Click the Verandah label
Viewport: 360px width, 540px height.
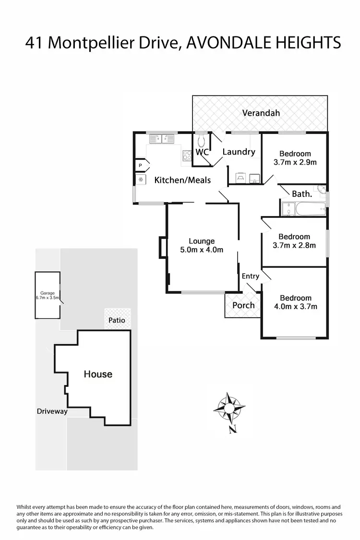[x=261, y=113]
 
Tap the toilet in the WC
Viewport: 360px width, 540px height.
[x=202, y=141]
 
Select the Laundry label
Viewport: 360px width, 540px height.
[x=239, y=152]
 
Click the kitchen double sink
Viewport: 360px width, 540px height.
[x=162, y=139]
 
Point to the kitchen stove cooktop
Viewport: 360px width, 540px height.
[x=187, y=155]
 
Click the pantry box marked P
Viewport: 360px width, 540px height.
[x=141, y=165]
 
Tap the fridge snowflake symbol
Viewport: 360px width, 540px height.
[x=141, y=179]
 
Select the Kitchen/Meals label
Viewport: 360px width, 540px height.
[x=182, y=180]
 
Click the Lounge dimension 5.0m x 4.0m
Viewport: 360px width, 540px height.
[x=202, y=250]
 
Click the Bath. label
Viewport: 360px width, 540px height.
[x=302, y=194]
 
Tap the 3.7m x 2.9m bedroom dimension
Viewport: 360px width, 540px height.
[x=295, y=162]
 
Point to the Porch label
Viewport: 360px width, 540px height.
[x=243, y=305]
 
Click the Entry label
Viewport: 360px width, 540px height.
[x=251, y=276]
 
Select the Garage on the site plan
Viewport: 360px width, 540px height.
[x=47, y=295]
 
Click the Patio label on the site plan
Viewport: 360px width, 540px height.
[x=117, y=320]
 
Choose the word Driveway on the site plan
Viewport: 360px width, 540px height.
[x=52, y=411]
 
